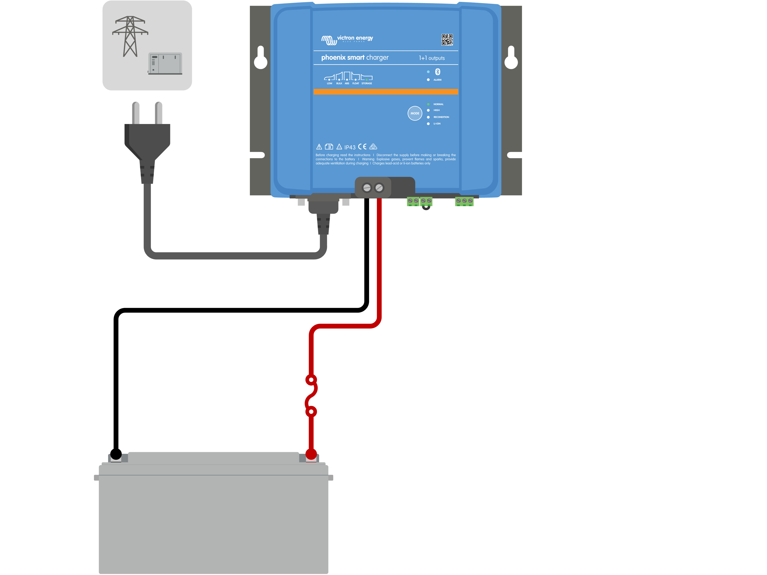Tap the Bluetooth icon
[x=438, y=72]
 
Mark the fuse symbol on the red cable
[x=311, y=396]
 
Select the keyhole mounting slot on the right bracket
[x=511, y=58]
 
